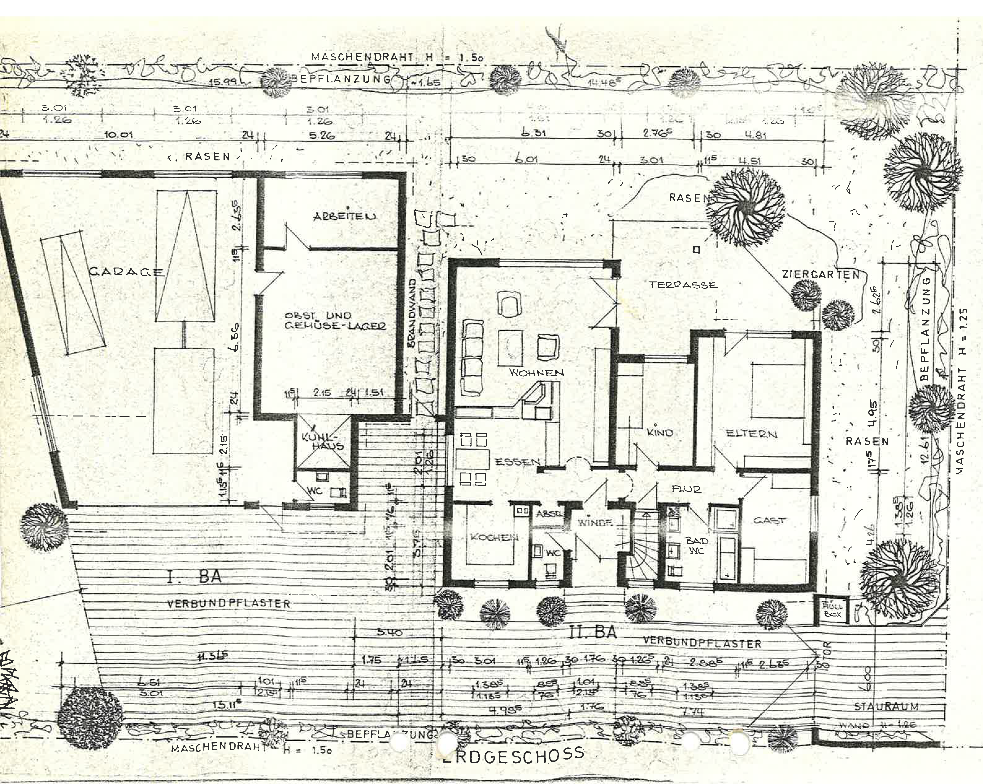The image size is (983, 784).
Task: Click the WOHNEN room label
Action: click(536, 372)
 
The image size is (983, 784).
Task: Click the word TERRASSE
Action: click(683, 285)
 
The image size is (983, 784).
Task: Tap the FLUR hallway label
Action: click(686, 489)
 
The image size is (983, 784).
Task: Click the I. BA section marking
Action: click(194, 577)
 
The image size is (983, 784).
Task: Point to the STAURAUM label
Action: click(886, 707)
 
